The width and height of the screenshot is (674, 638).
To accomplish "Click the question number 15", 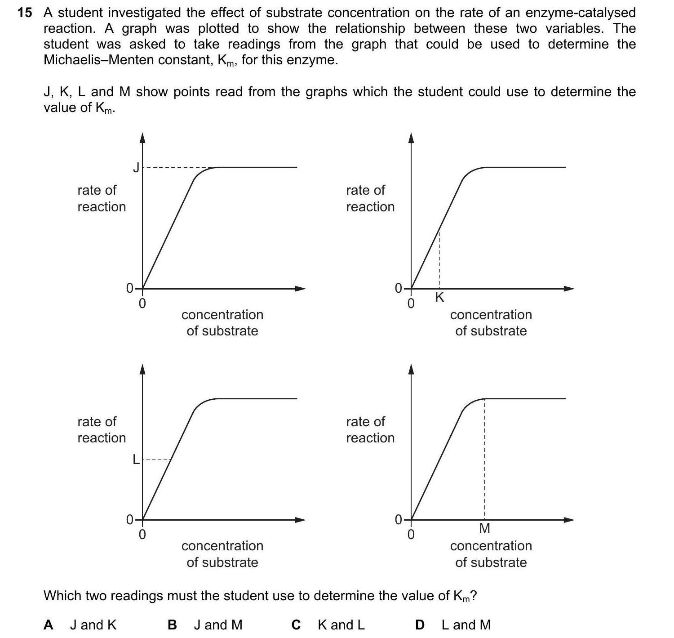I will [25, 13].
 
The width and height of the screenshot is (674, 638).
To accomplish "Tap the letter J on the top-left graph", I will [136, 168].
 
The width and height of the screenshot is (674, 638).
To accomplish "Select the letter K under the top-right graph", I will [439, 297].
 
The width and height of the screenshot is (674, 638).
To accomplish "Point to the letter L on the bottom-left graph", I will [135, 460].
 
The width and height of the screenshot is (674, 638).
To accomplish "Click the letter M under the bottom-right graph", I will [484, 528].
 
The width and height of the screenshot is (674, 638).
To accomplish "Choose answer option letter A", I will [49, 625].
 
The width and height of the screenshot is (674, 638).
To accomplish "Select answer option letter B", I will [172, 625].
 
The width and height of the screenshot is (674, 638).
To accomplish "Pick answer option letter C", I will [296, 625].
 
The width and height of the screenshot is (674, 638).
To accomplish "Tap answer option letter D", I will [420, 625].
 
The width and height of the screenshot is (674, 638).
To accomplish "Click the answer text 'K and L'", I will [341, 625].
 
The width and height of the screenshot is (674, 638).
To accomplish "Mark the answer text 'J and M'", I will [218, 625].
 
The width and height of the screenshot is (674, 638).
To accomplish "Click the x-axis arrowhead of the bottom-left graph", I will [300, 520].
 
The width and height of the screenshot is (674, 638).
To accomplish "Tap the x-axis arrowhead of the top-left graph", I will [300, 288].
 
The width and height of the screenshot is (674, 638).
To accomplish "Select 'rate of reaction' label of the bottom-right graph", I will [370, 429].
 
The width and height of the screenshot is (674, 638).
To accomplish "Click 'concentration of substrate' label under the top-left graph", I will [222, 322].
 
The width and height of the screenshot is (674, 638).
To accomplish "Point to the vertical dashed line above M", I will [484, 459].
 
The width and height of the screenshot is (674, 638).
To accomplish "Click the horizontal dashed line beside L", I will [157, 460].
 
